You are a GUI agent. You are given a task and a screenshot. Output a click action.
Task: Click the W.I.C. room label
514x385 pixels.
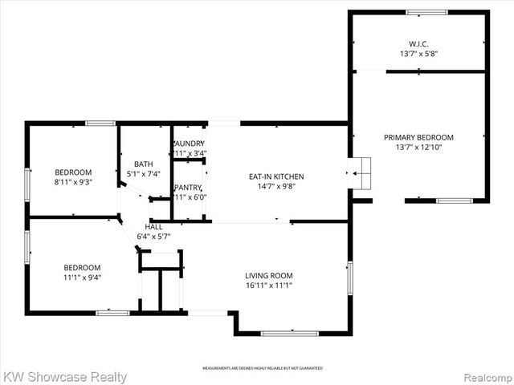(x=418, y=43)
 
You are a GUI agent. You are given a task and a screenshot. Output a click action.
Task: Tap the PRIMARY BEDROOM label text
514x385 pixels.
(x=418, y=137)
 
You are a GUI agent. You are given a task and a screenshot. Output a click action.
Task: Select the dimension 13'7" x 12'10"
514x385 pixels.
(x=418, y=148)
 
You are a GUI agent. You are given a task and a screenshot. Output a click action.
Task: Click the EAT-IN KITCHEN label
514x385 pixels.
(x=275, y=176)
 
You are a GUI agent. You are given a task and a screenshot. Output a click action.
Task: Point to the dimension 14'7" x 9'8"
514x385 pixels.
(x=275, y=186)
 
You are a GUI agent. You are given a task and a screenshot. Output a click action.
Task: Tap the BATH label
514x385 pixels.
(x=144, y=164)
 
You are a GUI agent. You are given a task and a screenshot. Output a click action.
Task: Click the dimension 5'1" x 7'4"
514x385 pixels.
(x=144, y=173)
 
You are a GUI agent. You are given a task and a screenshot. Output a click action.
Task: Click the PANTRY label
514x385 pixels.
(x=189, y=188)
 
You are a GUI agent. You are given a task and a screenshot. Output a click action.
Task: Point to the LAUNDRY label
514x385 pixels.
(x=190, y=144)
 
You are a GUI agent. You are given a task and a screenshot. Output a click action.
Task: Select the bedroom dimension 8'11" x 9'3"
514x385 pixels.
(x=73, y=182)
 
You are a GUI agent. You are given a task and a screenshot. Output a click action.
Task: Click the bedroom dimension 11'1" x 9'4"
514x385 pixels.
(x=83, y=278)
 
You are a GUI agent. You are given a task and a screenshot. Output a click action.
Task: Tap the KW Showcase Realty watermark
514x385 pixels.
(x=64, y=376)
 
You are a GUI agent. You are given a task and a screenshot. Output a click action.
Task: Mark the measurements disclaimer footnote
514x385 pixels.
(x=262, y=368)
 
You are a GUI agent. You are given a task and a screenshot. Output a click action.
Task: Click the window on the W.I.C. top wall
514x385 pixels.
(x=426, y=12)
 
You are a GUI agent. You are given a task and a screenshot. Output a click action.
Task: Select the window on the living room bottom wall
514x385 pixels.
(x=289, y=333)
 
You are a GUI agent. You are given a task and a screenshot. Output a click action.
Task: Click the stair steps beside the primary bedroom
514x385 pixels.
(x=361, y=172)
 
